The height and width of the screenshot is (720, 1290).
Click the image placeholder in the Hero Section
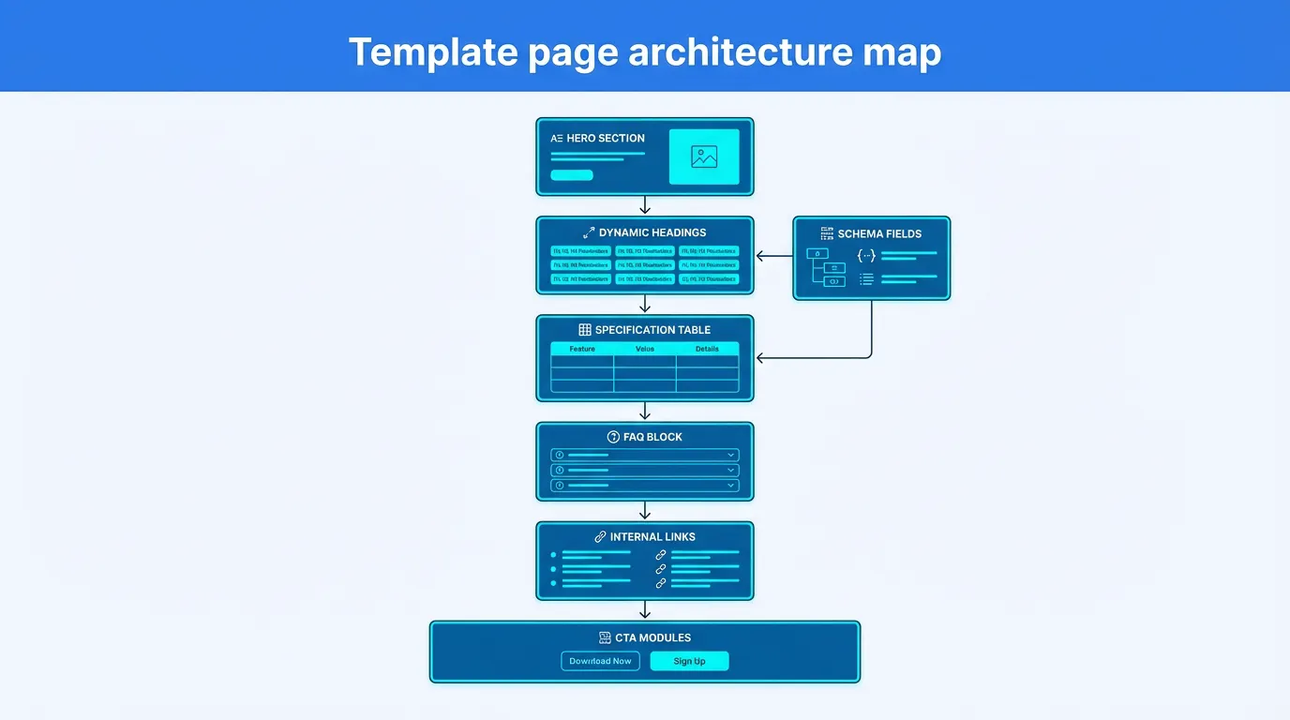click(704, 157)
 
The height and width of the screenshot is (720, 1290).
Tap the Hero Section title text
click(606, 138)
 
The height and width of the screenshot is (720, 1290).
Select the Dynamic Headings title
click(652, 232)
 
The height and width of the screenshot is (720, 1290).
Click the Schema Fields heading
click(879, 233)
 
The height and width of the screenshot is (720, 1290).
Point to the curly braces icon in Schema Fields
click(866, 255)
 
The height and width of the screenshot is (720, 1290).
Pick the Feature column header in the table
click(582, 349)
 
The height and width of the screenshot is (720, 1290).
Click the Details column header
click(707, 349)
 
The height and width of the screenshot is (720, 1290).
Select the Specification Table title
click(652, 330)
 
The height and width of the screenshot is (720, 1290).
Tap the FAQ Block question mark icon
click(614, 437)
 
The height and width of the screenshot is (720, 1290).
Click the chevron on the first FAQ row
click(730, 455)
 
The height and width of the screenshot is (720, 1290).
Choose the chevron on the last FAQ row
click(730, 486)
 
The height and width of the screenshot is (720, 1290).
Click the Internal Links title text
click(652, 537)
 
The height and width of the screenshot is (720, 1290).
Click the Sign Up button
click(689, 661)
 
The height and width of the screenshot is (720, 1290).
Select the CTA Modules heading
click(652, 637)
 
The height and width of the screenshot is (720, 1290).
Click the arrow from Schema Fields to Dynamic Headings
click(773, 255)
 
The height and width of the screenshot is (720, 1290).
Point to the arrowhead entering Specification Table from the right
click(760, 358)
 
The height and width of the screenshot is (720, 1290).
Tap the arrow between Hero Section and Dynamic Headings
click(645, 205)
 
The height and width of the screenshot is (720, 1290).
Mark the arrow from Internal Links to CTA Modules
click(645, 610)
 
